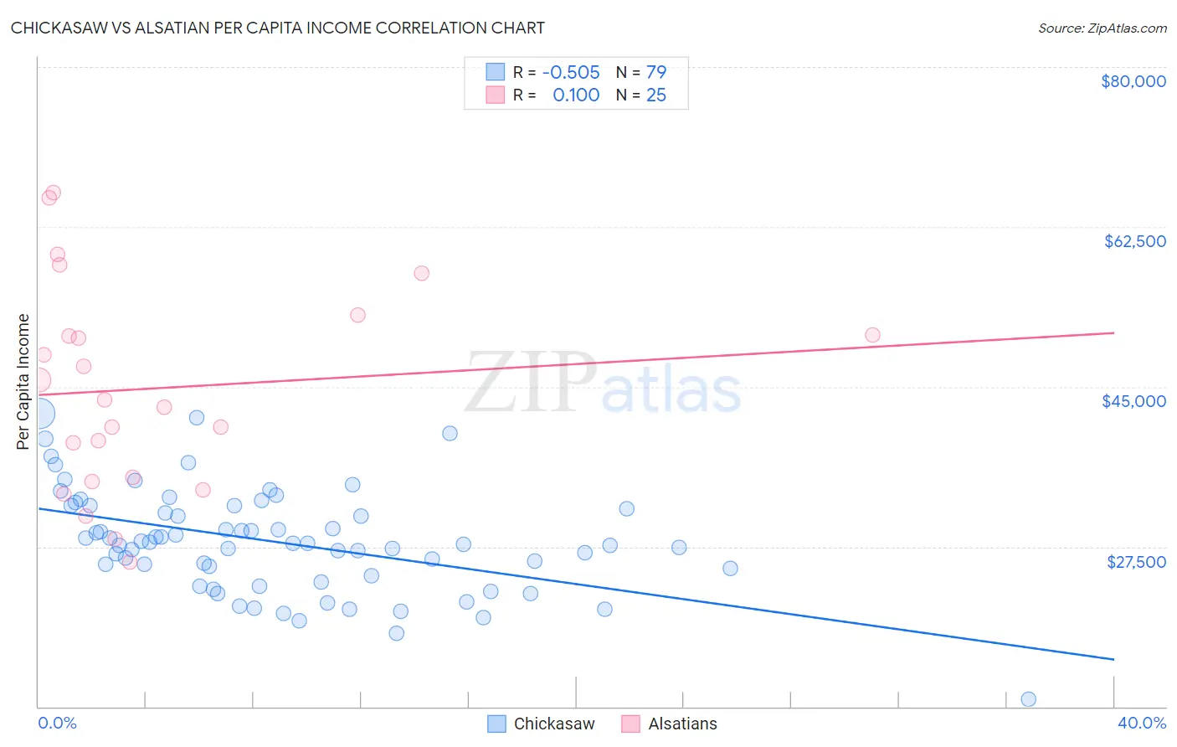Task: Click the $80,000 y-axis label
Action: coord(1133,81)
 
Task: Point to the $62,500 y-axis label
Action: coord(1134,241)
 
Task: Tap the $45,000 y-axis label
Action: coord(1133,401)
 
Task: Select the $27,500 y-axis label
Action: coord(1136,562)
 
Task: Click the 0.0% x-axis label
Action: coord(57,723)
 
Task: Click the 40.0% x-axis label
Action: coord(1141,723)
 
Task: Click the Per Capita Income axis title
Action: coord(23,381)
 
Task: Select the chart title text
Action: coord(278,28)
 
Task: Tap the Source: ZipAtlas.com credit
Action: coord(1102,28)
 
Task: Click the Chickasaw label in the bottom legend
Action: coord(553,724)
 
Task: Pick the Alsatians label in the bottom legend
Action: coord(682,724)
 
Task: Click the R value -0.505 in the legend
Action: coord(571,72)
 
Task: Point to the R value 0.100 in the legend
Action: coord(576,95)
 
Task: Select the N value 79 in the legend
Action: coord(656,72)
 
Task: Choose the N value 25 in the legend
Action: coord(656,95)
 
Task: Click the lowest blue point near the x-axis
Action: coord(1028,699)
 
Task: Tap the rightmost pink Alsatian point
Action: coord(872,335)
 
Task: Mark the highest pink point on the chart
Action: coord(53,193)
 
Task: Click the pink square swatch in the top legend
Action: coord(496,95)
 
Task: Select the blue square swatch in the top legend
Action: coord(496,72)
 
